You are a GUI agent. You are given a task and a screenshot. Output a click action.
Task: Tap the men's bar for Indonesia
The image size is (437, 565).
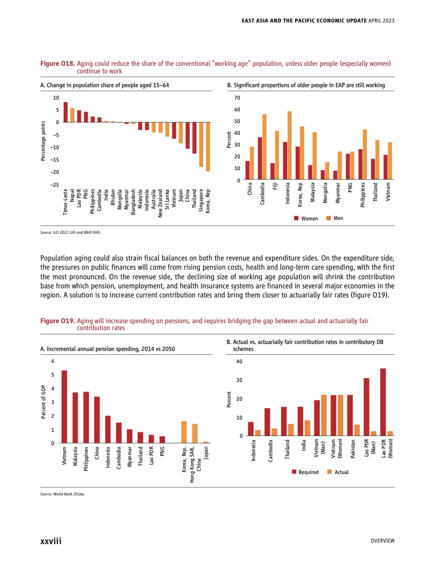pos(290,146)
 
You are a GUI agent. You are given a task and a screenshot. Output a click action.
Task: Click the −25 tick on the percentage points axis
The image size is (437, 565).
pos(55,185)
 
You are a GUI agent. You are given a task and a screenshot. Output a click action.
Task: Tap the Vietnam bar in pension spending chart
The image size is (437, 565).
pos(64,407)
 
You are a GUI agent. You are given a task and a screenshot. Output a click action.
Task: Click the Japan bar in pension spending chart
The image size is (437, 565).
pos(206,442)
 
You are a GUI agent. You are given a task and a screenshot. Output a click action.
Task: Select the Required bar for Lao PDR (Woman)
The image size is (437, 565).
pos(383,402)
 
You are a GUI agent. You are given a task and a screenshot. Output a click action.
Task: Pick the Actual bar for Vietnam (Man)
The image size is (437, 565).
pos(323,415)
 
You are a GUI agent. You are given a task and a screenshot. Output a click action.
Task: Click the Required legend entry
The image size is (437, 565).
pos(306,472)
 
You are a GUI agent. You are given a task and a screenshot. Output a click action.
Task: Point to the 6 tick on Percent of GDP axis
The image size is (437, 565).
pos(52,361)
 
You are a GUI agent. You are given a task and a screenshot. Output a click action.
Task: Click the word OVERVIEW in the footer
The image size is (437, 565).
pos(382,541)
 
